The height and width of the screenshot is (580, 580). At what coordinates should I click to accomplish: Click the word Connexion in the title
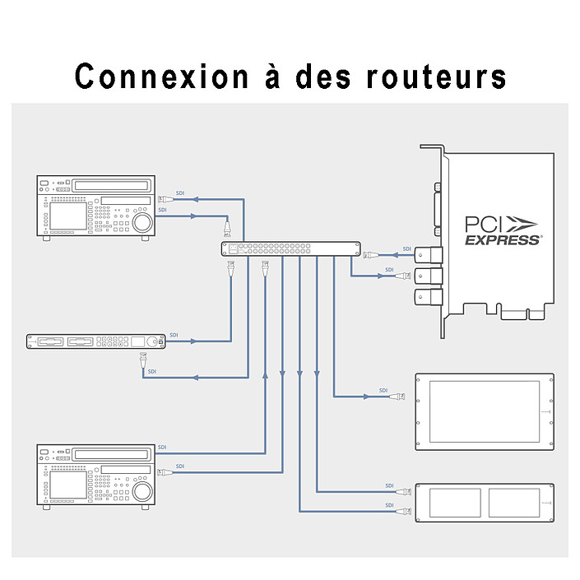pos(161,77)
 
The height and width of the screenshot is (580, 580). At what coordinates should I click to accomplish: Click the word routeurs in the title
pos(436,77)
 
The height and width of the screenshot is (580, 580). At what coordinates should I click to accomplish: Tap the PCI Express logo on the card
pos(502,231)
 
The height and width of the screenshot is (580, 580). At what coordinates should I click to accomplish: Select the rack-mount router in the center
pos(290,248)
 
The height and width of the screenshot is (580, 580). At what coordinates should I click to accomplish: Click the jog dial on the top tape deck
pos(142,222)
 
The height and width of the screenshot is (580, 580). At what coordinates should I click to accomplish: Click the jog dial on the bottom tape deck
pos(142,491)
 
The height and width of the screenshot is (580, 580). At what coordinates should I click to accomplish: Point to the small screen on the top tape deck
pos(68,216)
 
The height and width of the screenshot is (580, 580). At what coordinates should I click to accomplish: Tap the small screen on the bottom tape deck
pos(68,485)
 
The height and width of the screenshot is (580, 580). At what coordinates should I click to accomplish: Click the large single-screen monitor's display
pos(485,411)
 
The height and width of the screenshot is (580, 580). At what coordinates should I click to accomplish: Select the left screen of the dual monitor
pos(455,503)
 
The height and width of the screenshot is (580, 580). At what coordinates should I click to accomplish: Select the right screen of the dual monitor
pos(514,503)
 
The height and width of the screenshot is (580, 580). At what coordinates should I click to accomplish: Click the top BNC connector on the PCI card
pos(429,255)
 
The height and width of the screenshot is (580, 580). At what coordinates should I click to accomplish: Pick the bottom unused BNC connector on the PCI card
pos(429,297)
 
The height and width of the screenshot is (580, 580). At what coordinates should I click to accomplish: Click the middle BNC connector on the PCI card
pos(429,276)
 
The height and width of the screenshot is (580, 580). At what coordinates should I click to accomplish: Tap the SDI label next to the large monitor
pos(383,390)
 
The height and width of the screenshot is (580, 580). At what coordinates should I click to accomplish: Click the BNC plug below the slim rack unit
pos(143,360)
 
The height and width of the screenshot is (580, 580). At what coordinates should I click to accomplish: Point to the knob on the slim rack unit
pos(151,341)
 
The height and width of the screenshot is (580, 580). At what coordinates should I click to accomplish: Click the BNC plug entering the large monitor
pos(397,397)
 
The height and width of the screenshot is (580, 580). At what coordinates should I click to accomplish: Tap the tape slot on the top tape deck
pos(111,185)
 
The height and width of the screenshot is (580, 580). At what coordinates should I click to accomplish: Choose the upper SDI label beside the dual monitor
pos(389,485)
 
